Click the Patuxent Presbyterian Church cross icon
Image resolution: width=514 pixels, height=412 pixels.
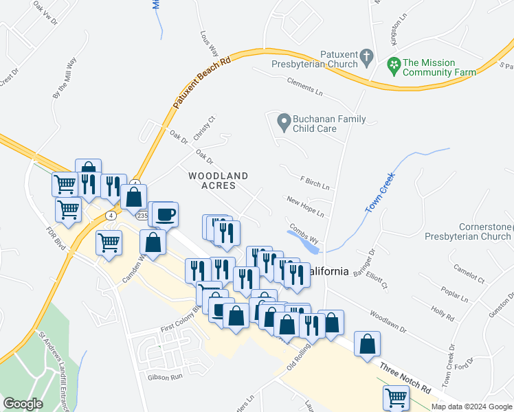368,56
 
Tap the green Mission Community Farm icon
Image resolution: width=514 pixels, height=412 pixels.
394,67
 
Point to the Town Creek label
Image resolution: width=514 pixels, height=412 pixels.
379,193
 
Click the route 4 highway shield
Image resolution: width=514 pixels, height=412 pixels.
111,215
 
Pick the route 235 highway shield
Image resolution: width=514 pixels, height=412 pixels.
142,216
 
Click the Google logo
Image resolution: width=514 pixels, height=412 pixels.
23,404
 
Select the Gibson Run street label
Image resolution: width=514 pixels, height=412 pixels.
164,377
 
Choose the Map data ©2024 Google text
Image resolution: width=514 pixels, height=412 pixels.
472,407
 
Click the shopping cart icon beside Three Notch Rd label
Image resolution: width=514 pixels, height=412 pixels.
396,398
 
